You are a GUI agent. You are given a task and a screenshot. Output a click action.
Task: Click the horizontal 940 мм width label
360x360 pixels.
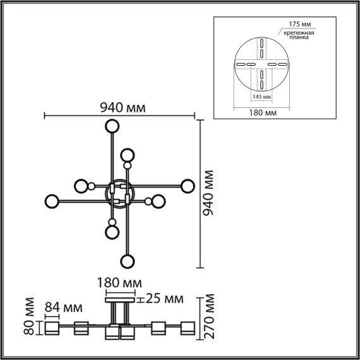click(122, 107)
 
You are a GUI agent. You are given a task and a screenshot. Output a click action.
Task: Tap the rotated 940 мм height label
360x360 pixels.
click(208, 193)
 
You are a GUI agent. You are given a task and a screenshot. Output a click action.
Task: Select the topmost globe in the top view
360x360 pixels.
click(112, 126)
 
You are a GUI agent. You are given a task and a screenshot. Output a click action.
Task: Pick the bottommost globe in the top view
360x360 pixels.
click(128, 261)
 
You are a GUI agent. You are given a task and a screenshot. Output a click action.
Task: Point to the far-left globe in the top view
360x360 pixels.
click(52, 202)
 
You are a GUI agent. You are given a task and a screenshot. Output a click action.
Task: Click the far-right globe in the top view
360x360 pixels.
click(186, 186)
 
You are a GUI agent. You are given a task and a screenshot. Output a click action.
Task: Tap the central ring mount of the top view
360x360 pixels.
click(119, 193)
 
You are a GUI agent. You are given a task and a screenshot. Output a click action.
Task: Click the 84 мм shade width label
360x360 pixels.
click(64, 308)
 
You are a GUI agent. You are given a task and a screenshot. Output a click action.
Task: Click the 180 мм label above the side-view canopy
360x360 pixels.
click(119, 282)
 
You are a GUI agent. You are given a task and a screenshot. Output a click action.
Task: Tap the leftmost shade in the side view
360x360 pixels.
click(51, 329)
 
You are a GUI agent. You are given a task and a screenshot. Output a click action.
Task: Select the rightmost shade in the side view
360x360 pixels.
click(187, 328)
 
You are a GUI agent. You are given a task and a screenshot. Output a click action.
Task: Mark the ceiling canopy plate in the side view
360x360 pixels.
click(119, 302)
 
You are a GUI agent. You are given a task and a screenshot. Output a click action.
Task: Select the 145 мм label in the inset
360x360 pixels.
click(261, 97)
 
